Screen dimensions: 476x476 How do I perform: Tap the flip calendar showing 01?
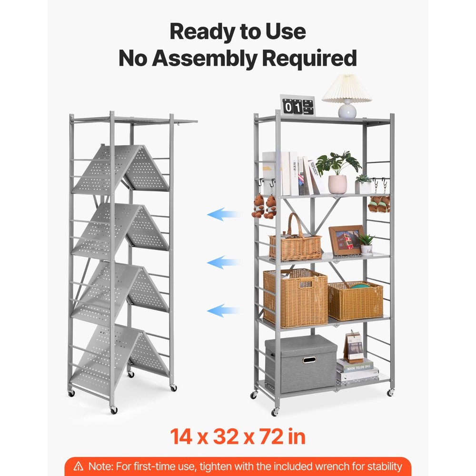tap(297, 106)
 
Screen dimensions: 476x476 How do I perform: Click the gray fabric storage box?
tap(300, 363)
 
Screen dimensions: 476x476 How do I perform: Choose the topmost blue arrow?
tap(222, 215)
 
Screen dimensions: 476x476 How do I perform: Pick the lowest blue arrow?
tap(222, 311)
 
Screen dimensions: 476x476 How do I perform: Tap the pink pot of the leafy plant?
tap(337, 184)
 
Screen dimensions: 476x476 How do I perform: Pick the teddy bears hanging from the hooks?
tap(264, 206)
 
